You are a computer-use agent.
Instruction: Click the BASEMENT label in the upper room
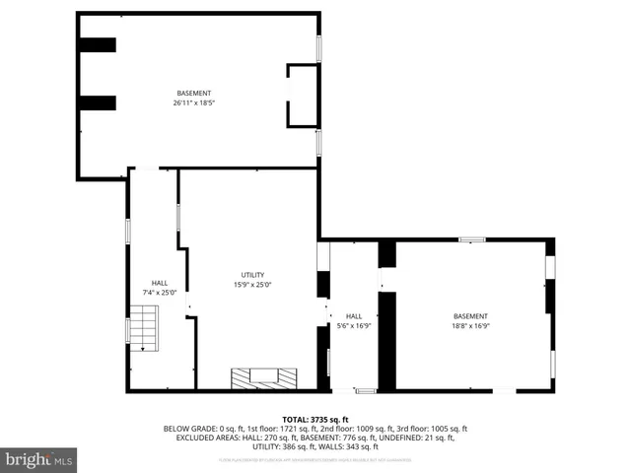(x=193, y=94)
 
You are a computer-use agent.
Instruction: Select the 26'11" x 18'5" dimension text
(x=193, y=102)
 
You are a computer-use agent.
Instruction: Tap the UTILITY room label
(x=252, y=275)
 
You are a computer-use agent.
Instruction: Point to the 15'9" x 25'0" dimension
(x=252, y=285)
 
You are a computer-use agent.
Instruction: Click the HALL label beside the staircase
(x=159, y=283)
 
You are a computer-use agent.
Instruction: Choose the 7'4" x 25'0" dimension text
(x=159, y=292)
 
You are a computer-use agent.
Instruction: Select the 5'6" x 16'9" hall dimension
(x=353, y=325)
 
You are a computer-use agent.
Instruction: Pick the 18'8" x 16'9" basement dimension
(x=469, y=325)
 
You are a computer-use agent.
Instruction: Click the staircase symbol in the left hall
(x=144, y=327)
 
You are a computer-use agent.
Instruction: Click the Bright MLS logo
(x=39, y=459)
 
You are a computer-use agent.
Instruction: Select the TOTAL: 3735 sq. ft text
(x=315, y=419)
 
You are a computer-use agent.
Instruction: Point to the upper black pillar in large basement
(x=98, y=45)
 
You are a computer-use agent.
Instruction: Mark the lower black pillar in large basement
(x=98, y=102)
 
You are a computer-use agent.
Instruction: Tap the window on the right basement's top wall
(x=471, y=238)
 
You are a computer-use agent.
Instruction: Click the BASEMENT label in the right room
(x=469, y=316)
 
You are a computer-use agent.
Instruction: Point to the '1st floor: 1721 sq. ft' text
(x=248, y=429)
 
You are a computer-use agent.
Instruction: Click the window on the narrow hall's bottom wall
(x=365, y=391)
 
